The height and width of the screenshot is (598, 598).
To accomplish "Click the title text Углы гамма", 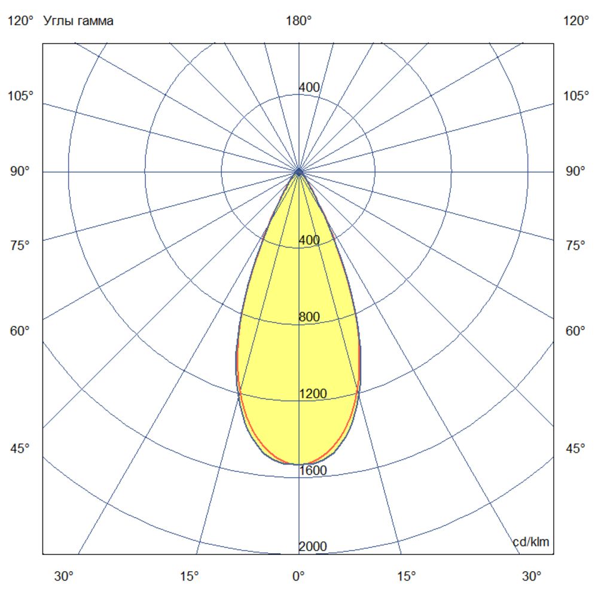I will click(x=78, y=22).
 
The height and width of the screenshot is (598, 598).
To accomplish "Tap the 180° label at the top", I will click(x=299, y=22).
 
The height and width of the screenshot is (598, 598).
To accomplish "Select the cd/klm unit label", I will click(x=531, y=542).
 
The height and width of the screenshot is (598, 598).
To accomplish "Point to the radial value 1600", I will click(x=313, y=471).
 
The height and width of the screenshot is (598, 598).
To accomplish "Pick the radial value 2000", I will click(x=313, y=547).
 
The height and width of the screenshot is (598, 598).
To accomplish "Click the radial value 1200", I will click(x=313, y=394).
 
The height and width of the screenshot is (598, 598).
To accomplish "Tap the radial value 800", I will click(x=309, y=318).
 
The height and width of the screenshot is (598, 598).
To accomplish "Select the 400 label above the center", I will click(x=309, y=88).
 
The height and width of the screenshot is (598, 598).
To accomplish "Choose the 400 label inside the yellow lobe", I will click(x=309, y=240).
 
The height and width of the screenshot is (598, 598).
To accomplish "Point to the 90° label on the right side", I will click(x=576, y=172).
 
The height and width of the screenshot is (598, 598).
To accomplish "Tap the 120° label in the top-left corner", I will click(x=20, y=22).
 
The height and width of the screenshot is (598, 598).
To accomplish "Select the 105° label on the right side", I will click(x=576, y=96).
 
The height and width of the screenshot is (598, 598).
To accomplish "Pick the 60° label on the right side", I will click(x=576, y=331).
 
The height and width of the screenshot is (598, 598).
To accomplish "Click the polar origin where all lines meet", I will click(x=298, y=172).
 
